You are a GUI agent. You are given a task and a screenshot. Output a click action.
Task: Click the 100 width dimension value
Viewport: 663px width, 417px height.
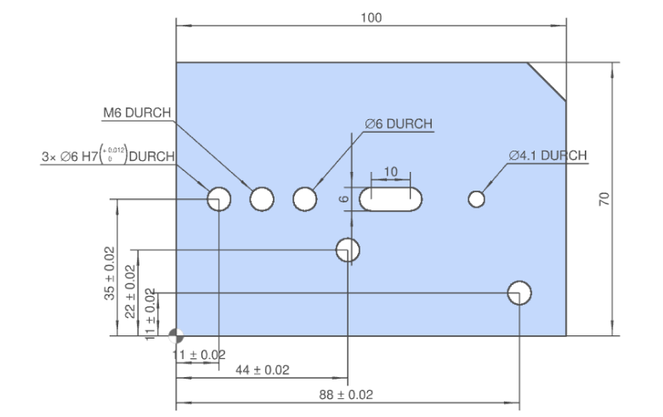[371, 18]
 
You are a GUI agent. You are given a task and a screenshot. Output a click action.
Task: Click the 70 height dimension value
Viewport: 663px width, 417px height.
[604, 199]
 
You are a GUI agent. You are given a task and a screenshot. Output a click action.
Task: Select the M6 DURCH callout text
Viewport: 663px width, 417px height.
[137, 113]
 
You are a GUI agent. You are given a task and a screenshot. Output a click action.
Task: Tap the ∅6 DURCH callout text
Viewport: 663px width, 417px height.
[398, 124]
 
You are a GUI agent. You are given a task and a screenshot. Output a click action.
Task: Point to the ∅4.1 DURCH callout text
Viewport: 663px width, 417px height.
[547, 156]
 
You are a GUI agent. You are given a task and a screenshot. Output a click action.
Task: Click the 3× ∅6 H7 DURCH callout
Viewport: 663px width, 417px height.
[107, 156]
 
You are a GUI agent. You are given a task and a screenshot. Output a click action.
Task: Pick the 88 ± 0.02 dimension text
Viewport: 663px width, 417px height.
[345, 395]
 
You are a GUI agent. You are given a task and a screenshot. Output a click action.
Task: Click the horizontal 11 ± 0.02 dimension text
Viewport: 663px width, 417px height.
[199, 354]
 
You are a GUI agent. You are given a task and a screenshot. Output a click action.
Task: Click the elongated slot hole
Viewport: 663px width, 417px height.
[391, 199]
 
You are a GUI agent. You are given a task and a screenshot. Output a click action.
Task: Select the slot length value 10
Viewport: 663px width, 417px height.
[391, 172]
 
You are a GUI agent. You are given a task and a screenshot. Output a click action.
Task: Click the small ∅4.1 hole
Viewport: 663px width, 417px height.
[476, 199]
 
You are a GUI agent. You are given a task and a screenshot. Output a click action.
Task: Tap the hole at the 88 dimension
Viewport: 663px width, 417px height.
[519, 293]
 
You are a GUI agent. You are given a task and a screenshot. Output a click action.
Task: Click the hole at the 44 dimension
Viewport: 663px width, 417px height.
[348, 250]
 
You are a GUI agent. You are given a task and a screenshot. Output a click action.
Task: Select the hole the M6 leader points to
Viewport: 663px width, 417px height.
[262, 199]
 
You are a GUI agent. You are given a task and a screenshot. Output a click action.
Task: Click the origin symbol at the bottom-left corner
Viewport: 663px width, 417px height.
[176, 335]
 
